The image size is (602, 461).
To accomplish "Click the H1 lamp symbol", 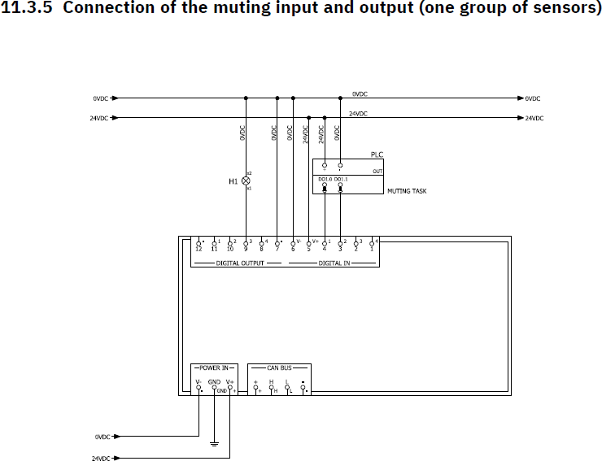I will coord(246,180).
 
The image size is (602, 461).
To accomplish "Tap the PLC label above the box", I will coord(376,154).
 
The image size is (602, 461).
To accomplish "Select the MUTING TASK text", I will coord(407,191).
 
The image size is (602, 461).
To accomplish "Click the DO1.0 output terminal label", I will coord(324,179).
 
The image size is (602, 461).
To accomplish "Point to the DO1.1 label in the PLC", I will coord(341,179).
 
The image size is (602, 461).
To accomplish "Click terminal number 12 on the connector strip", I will coord(198,248).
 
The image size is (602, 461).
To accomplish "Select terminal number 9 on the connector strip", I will coord(246,248).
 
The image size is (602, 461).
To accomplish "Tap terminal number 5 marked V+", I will coord(308,248).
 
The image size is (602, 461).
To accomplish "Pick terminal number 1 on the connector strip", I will coord(372,248).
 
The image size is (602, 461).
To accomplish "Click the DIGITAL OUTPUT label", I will coord(240,263).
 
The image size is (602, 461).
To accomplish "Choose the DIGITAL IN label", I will coord(334,263).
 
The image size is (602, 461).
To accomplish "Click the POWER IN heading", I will coord(214,367).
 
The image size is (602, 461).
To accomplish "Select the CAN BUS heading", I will coord(279,367).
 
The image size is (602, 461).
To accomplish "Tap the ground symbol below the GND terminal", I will coord(214,444).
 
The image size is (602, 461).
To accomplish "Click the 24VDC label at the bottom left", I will coord(101,459).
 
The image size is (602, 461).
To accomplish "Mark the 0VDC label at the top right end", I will coord(533,98).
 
